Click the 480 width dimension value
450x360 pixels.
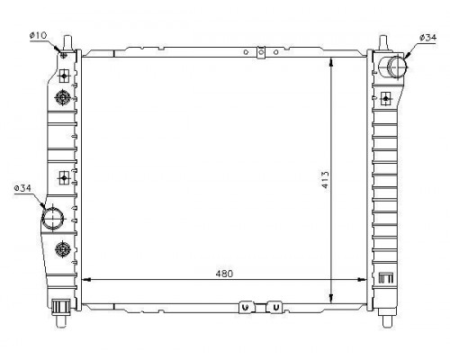point(224,274)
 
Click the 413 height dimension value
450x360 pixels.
point(325,180)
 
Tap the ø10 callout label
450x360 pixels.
point(38,35)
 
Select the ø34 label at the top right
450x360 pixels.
point(427,38)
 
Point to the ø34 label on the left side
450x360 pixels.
point(22,188)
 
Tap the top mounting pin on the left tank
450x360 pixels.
point(67,43)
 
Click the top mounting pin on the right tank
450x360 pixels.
point(383,43)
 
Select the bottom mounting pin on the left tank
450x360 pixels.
point(61,321)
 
